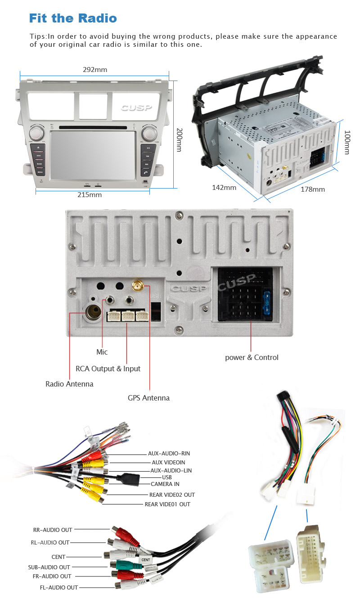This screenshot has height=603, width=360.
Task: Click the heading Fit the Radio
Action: [x=73, y=18]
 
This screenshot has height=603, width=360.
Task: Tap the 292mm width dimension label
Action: [x=95, y=70]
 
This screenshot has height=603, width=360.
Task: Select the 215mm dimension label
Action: [x=90, y=195]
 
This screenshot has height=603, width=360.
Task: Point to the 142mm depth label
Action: [x=224, y=187]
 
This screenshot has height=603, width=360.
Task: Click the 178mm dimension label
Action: [x=312, y=189]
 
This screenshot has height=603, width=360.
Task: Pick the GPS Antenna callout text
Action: [x=148, y=398]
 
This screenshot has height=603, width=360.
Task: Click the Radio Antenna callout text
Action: [x=69, y=384]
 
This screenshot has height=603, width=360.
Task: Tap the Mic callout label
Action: [x=102, y=352]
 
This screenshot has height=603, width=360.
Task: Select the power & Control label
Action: [x=252, y=357]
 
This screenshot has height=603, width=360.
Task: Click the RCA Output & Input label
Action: [x=108, y=369]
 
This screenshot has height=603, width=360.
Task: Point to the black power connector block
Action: [x=246, y=295]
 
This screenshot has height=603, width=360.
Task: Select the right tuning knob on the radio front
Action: [x=148, y=133]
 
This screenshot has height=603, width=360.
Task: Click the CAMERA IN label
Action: [x=165, y=484]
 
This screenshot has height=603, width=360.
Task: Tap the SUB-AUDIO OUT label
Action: [x=49, y=567]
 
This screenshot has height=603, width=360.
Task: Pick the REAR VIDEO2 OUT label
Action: [x=172, y=495]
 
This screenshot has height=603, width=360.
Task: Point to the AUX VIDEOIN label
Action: [x=168, y=462]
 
